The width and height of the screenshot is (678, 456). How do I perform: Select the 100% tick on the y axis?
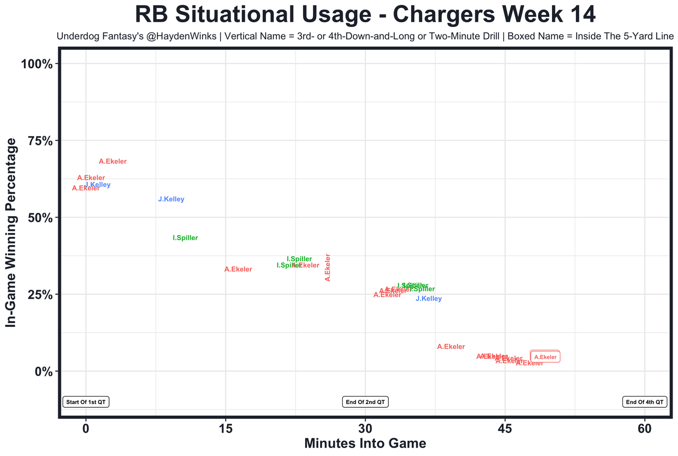pyautogui.click(x=37, y=64)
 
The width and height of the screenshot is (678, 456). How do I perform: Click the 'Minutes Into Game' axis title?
pyautogui.click(x=365, y=443)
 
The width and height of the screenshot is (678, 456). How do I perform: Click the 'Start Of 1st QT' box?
pyautogui.click(x=86, y=402)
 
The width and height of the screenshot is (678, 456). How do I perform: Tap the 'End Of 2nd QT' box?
pyautogui.click(x=365, y=402)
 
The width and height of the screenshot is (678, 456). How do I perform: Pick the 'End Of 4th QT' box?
pyautogui.click(x=645, y=402)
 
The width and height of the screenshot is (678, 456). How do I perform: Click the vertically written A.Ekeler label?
pyautogui.click(x=327, y=267)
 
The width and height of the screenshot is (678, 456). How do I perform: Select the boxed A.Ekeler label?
pyautogui.click(x=545, y=357)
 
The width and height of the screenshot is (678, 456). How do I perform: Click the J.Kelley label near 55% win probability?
pyautogui.click(x=171, y=200)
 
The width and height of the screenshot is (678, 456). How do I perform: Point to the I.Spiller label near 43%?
pyautogui.click(x=185, y=238)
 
